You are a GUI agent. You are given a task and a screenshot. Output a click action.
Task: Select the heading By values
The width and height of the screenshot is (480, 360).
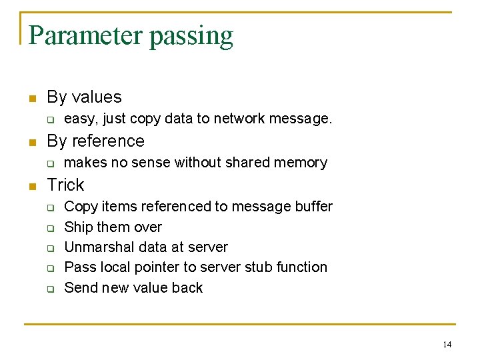coord(84,97)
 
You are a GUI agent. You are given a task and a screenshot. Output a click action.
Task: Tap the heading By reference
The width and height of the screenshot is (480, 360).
coord(95,141)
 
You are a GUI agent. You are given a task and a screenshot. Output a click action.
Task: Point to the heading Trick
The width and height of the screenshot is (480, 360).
coord(65,185)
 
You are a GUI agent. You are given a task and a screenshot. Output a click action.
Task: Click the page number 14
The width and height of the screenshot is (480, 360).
coord(447,344)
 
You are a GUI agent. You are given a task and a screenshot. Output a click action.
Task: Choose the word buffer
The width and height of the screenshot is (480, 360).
coord(313,207)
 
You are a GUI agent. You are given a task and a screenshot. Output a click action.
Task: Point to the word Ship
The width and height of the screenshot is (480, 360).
coord(77,227)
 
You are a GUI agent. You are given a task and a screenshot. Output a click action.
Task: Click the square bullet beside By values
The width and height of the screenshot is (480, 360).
coord(31,99)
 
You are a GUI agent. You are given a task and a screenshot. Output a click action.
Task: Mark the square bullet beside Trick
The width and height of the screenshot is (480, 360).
coord(31,186)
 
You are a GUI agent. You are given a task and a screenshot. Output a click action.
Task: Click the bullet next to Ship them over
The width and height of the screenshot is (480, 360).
coord(49,228)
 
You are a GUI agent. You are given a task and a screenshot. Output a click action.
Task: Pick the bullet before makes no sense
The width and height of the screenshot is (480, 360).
coord(49,163)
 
